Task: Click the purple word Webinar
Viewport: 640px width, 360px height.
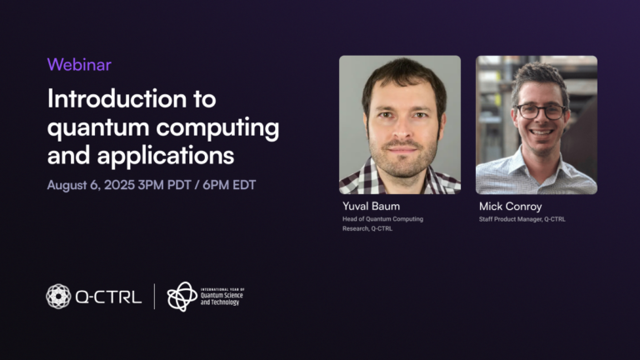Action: pyautogui.click(x=79, y=64)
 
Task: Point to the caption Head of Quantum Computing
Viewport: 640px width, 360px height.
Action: pyautogui.click(x=382, y=218)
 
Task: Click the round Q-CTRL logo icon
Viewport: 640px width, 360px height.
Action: pyautogui.click(x=58, y=296)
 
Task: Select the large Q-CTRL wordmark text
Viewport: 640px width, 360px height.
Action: pyautogui.click(x=109, y=297)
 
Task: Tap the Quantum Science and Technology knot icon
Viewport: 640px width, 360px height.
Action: pyautogui.click(x=182, y=296)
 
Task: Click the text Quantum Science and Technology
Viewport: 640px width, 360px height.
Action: pyautogui.click(x=222, y=297)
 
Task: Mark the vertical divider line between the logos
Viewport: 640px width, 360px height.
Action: pyautogui.click(x=154, y=296)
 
